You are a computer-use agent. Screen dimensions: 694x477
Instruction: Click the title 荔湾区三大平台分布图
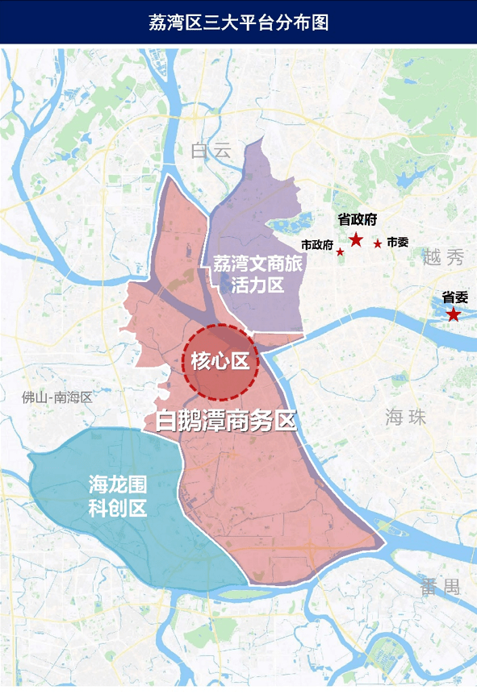coord(238,22)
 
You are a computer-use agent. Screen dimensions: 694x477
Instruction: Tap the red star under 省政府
coord(356,239)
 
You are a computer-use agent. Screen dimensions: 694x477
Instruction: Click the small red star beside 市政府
coord(341,252)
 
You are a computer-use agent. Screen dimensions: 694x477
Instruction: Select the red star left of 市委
coord(377,243)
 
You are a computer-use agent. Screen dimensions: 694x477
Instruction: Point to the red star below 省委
coord(454,314)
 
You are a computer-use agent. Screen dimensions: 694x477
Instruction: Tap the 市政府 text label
coord(317,245)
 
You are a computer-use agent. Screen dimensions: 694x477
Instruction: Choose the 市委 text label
coord(397,242)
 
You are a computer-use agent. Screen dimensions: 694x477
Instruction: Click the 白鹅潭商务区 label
coord(227,420)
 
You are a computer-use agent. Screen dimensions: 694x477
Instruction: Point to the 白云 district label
coord(211,150)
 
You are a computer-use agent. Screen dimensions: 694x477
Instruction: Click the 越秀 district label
coord(443,258)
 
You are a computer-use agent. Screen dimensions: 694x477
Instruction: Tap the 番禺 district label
coord(440,587)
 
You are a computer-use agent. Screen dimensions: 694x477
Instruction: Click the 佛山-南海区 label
coord(58,397)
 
